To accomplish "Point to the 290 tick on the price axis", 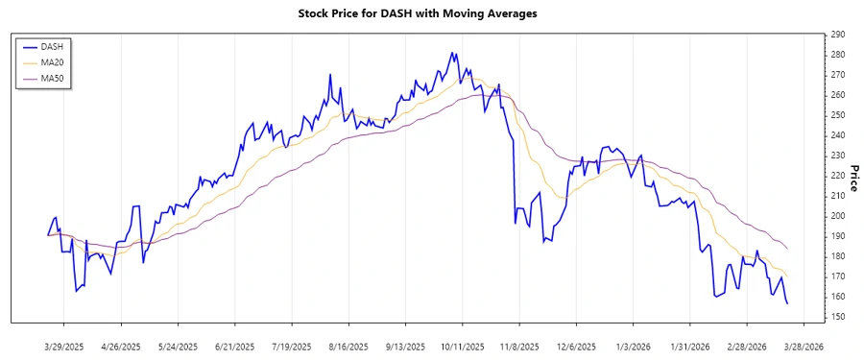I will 838,35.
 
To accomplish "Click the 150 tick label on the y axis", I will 838,317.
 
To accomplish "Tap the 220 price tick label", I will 838,176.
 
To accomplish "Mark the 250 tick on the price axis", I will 838,115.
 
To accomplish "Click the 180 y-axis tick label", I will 838,256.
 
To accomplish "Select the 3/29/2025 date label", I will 64,347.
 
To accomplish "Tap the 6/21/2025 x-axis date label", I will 235,347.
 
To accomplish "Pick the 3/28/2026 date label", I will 804,347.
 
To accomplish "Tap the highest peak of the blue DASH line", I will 451,53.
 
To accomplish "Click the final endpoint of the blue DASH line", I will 788,303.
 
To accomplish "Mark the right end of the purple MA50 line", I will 788,249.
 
